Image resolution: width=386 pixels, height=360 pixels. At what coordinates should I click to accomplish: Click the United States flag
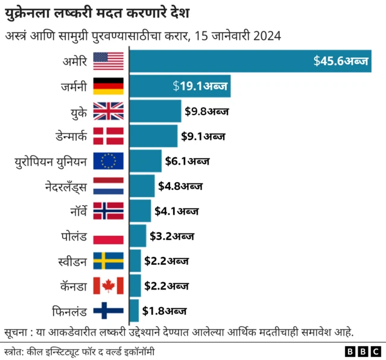[109, 61]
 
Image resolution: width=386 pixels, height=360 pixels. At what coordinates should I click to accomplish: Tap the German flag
[109, 86]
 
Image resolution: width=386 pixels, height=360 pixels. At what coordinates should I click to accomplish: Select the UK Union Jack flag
[109, 112]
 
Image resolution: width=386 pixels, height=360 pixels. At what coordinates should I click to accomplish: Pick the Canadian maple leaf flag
[109, 286]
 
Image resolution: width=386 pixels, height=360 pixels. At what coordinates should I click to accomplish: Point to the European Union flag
[109, 161]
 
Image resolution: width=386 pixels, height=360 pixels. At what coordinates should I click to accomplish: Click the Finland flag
[109, 311]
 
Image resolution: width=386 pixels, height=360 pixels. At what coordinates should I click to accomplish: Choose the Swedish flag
[109, 261]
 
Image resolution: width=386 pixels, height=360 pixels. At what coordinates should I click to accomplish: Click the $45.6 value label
[341, 62]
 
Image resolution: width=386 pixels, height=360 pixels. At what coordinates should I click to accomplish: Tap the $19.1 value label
[200, 87]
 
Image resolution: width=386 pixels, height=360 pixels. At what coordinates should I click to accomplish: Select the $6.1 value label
[187, 161]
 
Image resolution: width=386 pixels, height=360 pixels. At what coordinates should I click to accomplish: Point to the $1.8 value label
[164, 311]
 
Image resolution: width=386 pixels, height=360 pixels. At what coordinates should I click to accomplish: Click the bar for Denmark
[153, 136]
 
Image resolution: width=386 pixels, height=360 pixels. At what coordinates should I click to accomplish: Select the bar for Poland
[138, 236]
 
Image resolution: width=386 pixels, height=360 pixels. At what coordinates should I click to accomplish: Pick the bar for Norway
[140, 211]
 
